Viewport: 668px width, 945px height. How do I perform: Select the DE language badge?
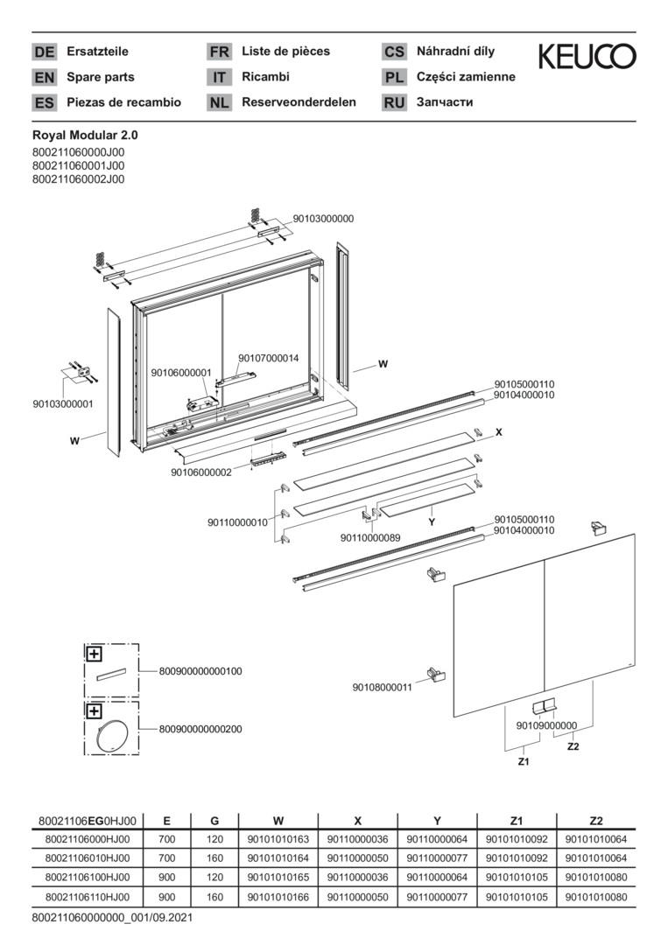44,52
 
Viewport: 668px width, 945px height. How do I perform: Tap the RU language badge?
394,102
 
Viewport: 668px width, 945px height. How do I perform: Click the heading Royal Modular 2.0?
85,136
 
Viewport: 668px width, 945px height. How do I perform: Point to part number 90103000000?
323,219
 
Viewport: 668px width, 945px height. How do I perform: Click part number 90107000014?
268,358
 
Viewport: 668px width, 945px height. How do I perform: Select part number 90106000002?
200,472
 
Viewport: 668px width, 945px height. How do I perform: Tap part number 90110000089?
370,537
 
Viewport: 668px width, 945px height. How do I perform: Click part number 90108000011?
383,687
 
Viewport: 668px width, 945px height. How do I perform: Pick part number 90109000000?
546,725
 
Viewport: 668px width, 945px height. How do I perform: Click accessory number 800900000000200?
200,729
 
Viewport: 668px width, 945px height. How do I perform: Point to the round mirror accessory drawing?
112,735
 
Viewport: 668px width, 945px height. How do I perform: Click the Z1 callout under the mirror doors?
524,762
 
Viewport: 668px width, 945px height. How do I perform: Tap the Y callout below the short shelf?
432,522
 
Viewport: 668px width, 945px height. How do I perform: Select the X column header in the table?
358,821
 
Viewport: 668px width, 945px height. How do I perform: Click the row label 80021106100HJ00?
88,878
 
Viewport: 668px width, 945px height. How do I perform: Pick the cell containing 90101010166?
278,898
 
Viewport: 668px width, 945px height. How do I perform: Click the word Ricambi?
266,77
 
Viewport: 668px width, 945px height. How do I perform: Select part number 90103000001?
63,403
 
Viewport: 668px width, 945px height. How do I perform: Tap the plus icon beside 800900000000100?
95,654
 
